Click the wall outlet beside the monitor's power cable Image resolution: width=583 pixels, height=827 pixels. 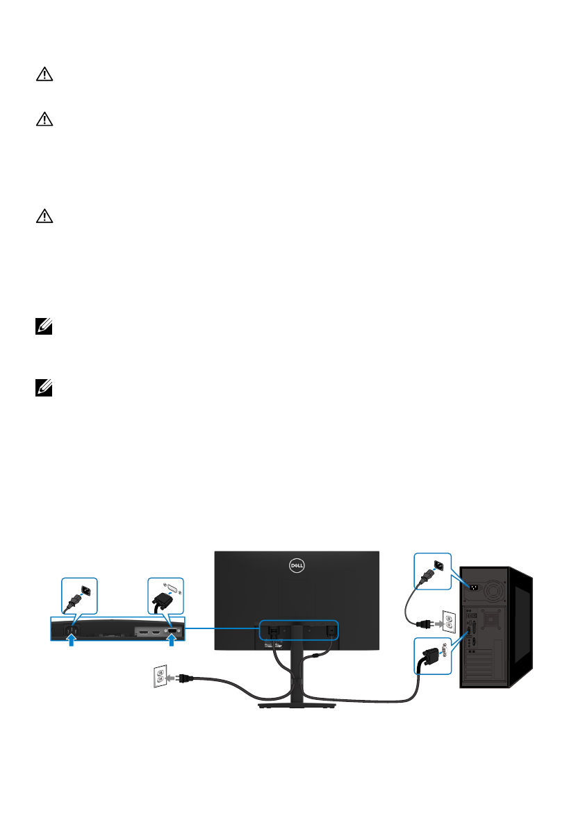click(159, 678)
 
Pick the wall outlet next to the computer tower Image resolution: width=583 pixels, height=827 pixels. click(450, 623)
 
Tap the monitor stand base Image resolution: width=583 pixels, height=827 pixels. click(297, 705)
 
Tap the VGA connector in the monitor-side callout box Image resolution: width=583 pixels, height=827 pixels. click(165, 598)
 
